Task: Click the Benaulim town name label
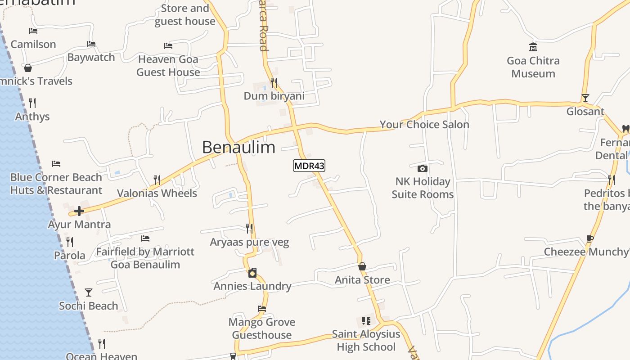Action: click(238, 147)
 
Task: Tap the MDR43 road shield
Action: click(309, 166)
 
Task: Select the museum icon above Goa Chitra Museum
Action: click(533, 47)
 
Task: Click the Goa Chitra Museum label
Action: click(533, 67)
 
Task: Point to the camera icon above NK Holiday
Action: click(422, 168)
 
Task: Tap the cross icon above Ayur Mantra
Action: click(79, 211)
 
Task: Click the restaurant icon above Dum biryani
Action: click(274, 83)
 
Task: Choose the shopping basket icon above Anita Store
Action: click(362, 266)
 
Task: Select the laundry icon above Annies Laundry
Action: click(252, 273)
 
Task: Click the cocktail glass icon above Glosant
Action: click(585, 98)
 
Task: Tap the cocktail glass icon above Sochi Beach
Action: click(89, 292)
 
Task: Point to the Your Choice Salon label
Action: click(424, 125)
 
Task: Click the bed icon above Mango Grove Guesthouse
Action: click(262, 309)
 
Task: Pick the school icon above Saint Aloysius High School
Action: click(366, 321)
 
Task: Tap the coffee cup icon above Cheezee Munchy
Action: click(590, 238)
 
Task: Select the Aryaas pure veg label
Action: click(249, 242)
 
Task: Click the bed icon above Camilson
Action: click(33, 31)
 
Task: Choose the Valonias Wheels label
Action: click(157, 193)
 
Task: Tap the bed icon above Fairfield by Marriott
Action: click(145, 238)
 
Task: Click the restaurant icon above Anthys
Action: click(32, 103)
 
